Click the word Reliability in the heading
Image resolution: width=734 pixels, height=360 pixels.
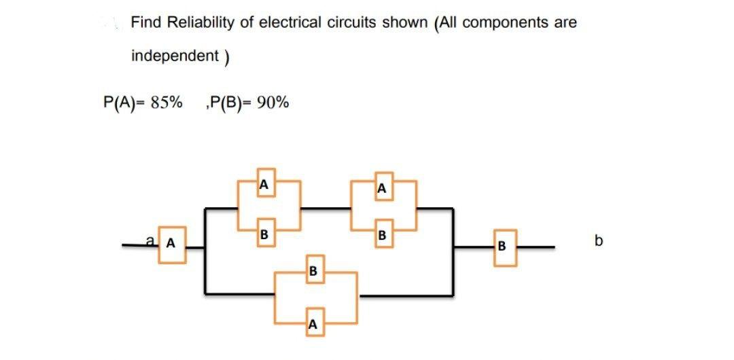200,22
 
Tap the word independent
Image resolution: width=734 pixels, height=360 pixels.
174,55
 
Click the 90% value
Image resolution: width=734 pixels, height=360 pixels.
273,103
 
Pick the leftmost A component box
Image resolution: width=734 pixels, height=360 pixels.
171,242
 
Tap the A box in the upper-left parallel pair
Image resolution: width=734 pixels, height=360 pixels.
265,183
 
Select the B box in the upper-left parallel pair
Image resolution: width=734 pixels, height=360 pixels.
265,235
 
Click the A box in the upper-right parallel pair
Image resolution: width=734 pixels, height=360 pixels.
383,188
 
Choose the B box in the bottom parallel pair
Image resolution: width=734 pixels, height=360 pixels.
312,272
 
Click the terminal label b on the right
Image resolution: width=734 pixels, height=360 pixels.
598,240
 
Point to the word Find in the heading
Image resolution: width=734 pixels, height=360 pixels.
146,22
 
